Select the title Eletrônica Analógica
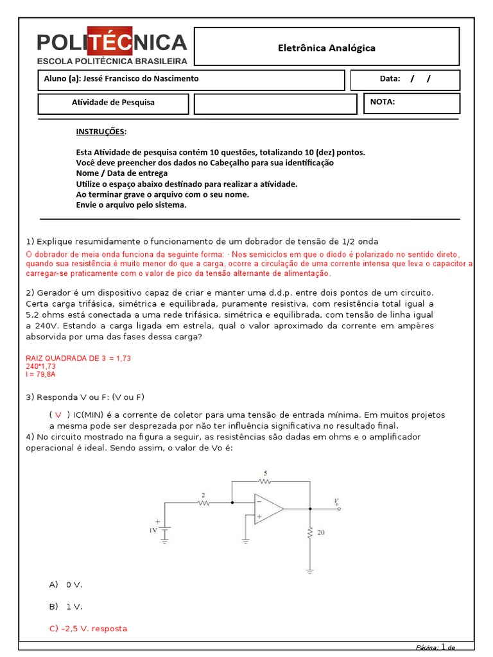[x=326, y=48]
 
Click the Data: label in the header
[x=390, y=79]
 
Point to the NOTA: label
[x=383, y=101]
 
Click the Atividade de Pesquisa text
[x=112, y=102]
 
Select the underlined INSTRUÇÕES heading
[x=101, y=132]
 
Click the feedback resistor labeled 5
[x=264, y=480]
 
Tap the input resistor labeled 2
[x=203, y=502]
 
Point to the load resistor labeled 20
[x=310, y=533]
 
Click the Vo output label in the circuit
[x=336, y=501]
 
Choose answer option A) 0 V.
[x=65, y=584]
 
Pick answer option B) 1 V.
[x=65, y=606]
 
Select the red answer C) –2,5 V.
[x=88, y=628]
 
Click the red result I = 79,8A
[x=40, y=373]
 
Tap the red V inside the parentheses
[x=58, y=415]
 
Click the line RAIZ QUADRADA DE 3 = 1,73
[x=78, y=358]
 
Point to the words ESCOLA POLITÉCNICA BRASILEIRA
[x=112, y=61]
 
